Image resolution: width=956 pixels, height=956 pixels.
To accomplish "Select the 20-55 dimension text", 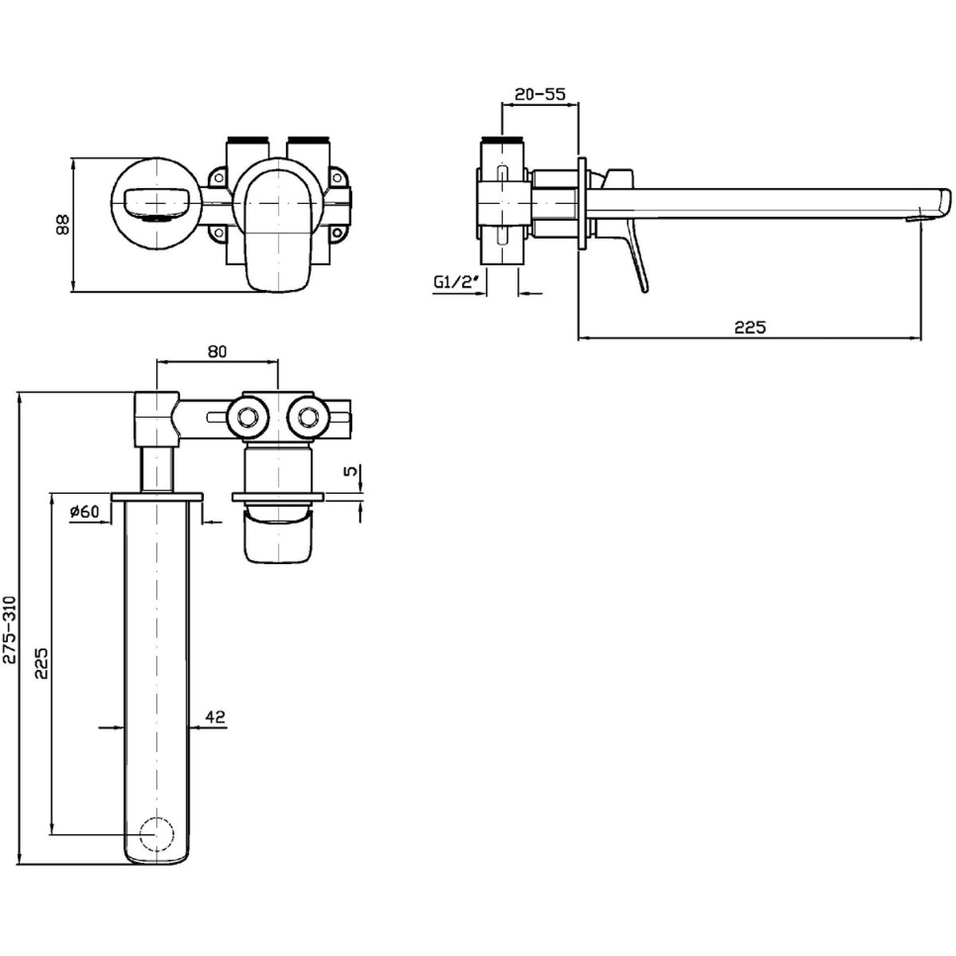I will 539,93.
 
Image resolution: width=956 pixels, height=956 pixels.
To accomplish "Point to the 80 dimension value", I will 218,351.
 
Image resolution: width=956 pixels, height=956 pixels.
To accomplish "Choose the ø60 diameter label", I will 84,512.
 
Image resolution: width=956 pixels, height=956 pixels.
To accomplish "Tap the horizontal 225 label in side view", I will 749,327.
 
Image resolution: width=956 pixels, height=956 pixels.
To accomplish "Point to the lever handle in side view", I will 637,255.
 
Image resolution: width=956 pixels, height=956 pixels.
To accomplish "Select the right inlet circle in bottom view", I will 308,415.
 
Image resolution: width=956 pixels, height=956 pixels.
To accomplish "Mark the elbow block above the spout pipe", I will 156,417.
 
